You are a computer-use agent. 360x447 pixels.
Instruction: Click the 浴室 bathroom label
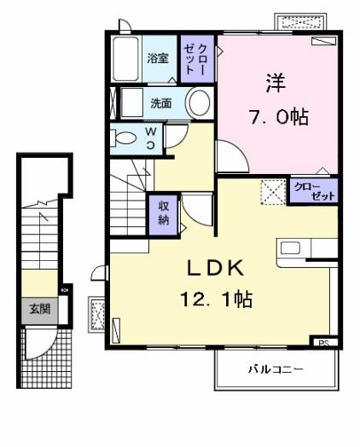tap(156, 59)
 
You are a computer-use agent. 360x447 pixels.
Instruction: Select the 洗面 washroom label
tap(160, 104)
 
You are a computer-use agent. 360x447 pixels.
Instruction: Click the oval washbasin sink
tap(198, 104)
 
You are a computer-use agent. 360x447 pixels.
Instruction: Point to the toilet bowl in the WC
tap(125, 138)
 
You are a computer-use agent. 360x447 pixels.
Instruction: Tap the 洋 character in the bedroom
tap(276, 84)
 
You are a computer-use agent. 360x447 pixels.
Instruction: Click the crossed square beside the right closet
tap(271, 191)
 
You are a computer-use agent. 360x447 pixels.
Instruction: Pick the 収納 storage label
tap(162, 214)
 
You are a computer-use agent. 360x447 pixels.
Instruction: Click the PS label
tap(322, 343)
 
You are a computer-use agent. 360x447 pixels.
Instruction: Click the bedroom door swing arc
tap(228, 157)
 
